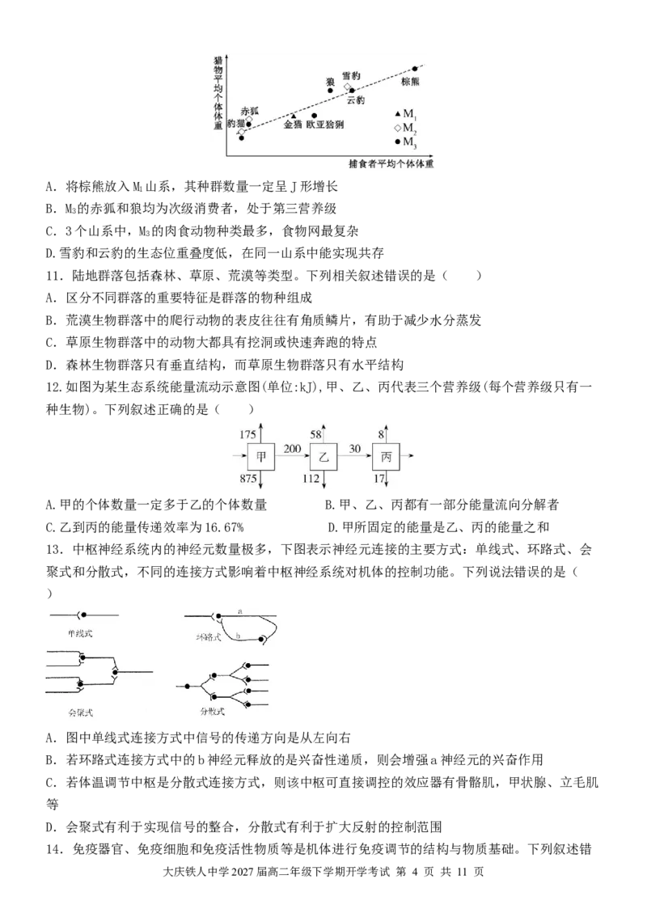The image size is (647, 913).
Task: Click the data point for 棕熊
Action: (x=415, y=69)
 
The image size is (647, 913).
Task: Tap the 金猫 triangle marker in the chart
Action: (x=294, y=116)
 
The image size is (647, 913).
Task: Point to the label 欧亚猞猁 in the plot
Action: (x=325, y=125)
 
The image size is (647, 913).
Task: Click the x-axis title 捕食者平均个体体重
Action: (x=391, y=164)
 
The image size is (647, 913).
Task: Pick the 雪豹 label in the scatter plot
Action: (x=350, y=76)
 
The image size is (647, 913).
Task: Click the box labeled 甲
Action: (x=261, y=457)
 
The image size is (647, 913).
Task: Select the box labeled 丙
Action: (x=386, y=457)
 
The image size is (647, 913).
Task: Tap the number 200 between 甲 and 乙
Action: (x=292, y=448)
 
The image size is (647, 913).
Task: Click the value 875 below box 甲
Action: (x=247, y=479)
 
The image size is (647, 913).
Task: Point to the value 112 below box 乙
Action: (x=311, y=479)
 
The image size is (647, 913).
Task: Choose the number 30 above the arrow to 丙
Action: (x=355, y=448)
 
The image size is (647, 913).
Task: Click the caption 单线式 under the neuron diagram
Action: (x=80, y=633)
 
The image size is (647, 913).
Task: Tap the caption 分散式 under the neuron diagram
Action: (x=212, y=711)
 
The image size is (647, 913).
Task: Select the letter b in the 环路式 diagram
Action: (x=239, y=636)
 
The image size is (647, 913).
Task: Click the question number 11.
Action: (x=53, y=276)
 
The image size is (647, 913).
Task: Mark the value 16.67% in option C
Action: (x=224, y=527)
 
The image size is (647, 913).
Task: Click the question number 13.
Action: (x=53, y=550)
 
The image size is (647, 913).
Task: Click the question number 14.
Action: (x=53, y=850)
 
